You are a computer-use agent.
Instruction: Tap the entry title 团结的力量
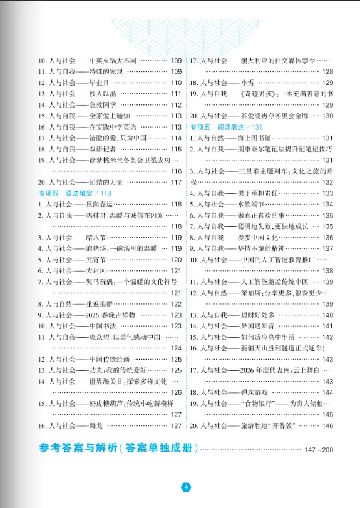pyautogui.click(x=108, y=181)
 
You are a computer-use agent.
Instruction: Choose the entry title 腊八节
pyautogui.click(x=100, y=238)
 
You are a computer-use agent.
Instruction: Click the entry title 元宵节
pyautogui.click(x=100, y=260)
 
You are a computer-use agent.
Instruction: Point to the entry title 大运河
pyautogui.click(x=100, y=271)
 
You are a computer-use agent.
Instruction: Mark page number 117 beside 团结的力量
pyautogui.click(x=176, y=181)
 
